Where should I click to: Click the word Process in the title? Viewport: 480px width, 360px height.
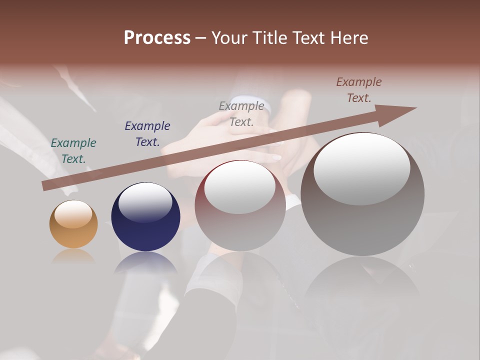[x=157, y=38]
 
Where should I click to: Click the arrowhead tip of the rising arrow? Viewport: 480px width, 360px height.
[x=415, y=108]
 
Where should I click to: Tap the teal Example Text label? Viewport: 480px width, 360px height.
[x=73, y=151]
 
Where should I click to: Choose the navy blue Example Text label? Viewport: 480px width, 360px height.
[x=147, y=134]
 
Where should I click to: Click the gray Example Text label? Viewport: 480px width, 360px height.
[x=241, y=114]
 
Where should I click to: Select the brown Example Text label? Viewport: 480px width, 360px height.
[x=358, y=90]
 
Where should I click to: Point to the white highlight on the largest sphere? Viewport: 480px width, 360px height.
[x=362, y=168]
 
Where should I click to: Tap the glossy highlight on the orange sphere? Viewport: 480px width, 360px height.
[x=73, y=213]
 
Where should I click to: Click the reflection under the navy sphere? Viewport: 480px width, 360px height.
[x=145, y=262]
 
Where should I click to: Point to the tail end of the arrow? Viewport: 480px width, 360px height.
[x=45, y=186]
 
